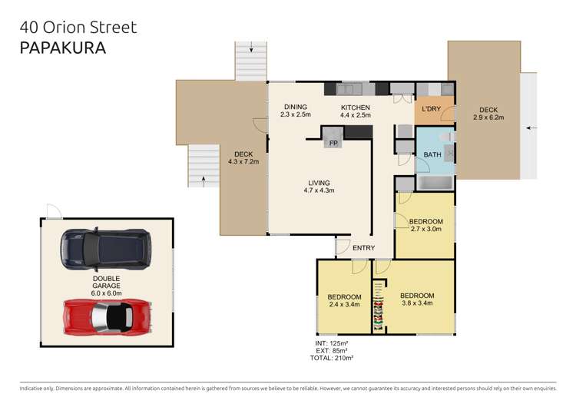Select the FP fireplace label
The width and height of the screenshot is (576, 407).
pyautogui.click(x=333, y=144)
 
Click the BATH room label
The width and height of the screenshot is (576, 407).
pyautogui.click(x=432, y=155)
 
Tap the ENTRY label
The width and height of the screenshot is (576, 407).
pyautogui.click(x=363, y=247)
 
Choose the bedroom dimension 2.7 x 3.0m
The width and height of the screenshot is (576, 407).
pyautogui.click(x=425, y=229)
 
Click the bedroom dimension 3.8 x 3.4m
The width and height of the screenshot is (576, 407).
pyautogui.click(x=417, y=303)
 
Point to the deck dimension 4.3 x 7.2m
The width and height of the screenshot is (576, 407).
pyautogui.click(x=243, y=162)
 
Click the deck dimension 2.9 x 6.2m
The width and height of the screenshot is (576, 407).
pyautogui.click(x=488, y=117)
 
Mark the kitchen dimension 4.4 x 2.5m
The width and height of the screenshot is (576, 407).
pyautogui.click(x=356, y=115)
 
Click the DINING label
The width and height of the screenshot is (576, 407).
pyautogui.click(x=296, y=107)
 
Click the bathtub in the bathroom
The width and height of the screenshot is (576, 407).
pyautogui.click(x=436, y=183)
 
